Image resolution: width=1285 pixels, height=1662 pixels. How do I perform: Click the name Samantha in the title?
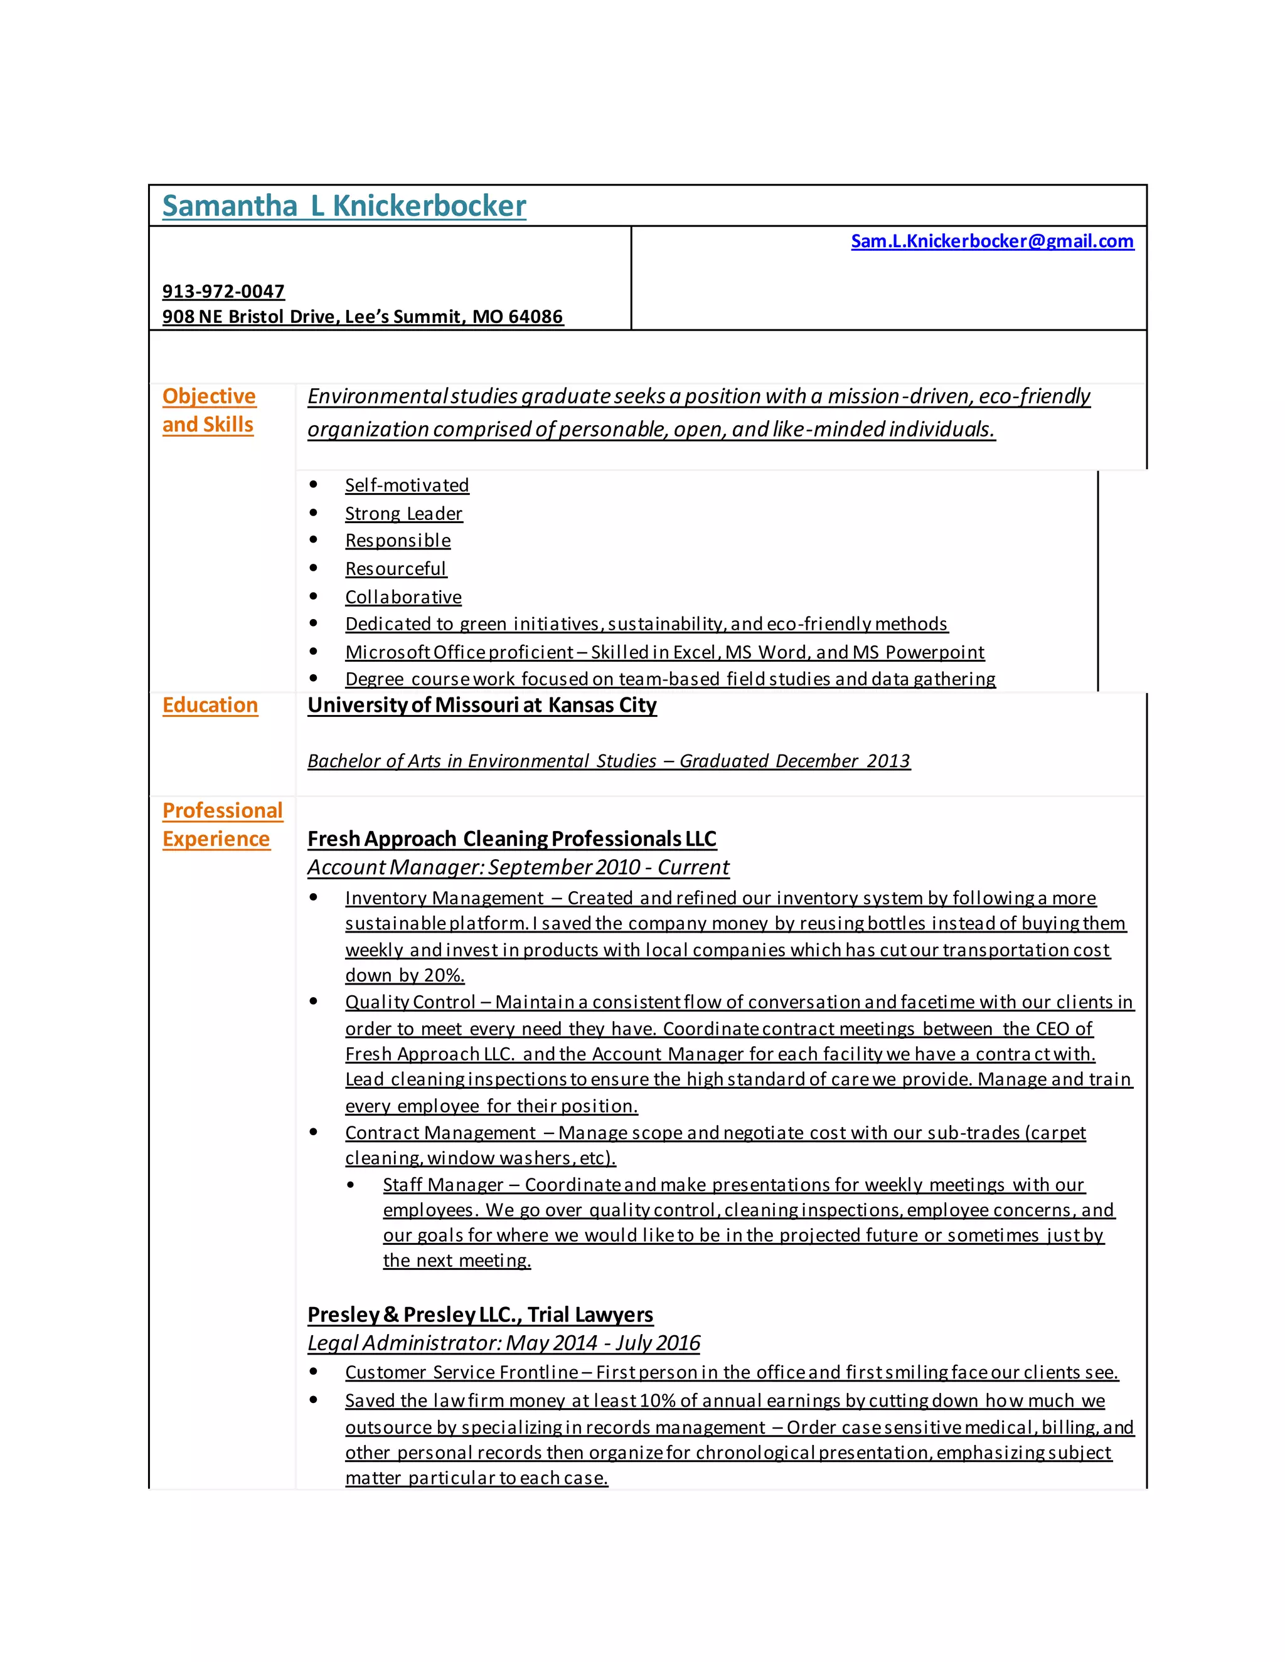pos(229,206)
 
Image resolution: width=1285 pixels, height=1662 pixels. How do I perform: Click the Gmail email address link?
pos(991,241)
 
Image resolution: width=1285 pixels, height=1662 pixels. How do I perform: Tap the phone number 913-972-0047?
pos(223,292)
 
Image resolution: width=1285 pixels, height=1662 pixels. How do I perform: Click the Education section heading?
pos(210,706)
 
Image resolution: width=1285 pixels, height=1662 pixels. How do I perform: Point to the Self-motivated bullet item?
pos(407,485)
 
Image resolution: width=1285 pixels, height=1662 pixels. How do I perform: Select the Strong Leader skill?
pos(403,514)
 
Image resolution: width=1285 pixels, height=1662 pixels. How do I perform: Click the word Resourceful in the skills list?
pos(395,569)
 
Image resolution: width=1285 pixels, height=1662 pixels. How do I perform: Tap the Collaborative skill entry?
pos(403,597)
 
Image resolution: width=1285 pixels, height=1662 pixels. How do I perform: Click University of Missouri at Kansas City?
pos(481,706)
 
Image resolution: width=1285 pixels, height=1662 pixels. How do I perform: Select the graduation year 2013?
pos(888,761)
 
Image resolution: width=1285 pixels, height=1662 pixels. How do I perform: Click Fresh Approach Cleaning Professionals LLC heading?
pos(511,839)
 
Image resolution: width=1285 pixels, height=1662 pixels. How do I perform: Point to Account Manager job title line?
pos(518,867)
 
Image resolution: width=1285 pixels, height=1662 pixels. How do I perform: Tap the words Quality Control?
pos(410,1002)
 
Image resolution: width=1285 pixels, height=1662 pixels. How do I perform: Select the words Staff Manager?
pos(442,1185)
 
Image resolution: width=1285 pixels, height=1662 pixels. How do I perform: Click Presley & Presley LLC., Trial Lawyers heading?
pos(479,1315)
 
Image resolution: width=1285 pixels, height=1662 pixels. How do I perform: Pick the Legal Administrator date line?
pos(503,1343)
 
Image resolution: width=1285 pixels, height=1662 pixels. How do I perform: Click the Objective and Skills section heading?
pos(208,410)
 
